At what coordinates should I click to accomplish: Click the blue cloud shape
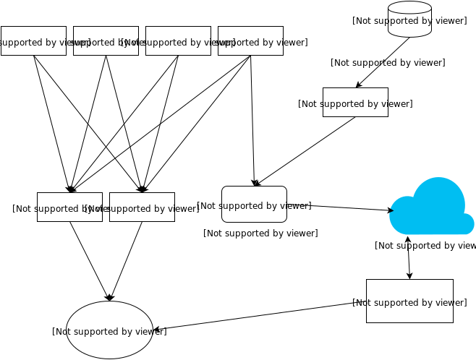click(433, 210)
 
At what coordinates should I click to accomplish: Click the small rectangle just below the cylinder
click(355, 103)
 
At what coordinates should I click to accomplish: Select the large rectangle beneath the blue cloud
click(409, 301)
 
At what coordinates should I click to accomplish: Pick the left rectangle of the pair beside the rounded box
click(69, 207)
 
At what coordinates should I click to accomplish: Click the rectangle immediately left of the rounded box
click(142, 207)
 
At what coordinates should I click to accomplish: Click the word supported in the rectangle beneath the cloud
click(397, 303)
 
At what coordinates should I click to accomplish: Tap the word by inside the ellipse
click(128, 332)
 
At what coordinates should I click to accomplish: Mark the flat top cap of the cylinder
click(409, 8)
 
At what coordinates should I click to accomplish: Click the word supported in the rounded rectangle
click(242, 206)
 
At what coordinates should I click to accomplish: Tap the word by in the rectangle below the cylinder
click(374, 104)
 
